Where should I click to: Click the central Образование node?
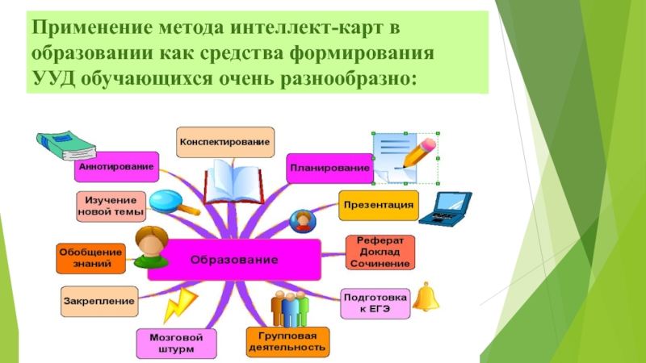point(234,260)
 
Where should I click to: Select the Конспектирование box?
point(225,142)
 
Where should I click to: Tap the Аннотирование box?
point(115,168)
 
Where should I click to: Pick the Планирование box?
point(328,168)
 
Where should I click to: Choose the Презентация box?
point(379,205)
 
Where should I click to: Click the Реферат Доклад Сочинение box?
point(380,252)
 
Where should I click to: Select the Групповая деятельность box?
point(287,341)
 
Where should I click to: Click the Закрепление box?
point(99,301)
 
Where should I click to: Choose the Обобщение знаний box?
point(90,257)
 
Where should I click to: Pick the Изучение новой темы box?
point(111,207)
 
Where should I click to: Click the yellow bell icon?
point(426,296)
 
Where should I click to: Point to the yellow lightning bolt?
point(178,304)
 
